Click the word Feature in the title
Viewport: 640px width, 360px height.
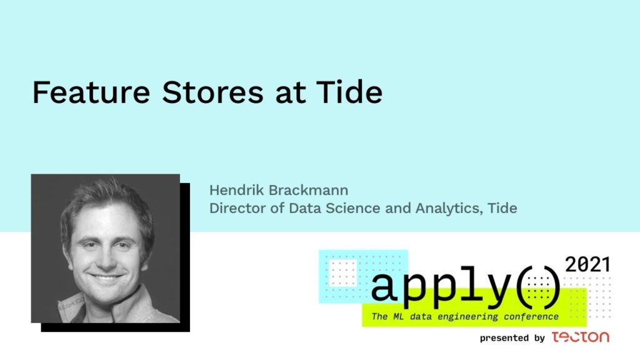pos(91,92)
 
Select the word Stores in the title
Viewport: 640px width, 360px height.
pos(212,92)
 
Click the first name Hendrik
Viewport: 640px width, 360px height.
pos(236,190)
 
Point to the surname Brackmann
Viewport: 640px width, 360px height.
pos(309,190)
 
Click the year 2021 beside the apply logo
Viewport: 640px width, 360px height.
pos(587,264)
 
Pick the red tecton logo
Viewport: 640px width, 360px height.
pos(581,337)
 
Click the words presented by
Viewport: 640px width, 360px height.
pos(512,338)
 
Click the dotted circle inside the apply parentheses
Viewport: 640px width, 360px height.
pos(539,287)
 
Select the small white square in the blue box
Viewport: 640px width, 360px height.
pos(343,272)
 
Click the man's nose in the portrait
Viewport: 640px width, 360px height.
pos(107,259)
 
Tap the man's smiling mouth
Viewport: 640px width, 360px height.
pos(107,278)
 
